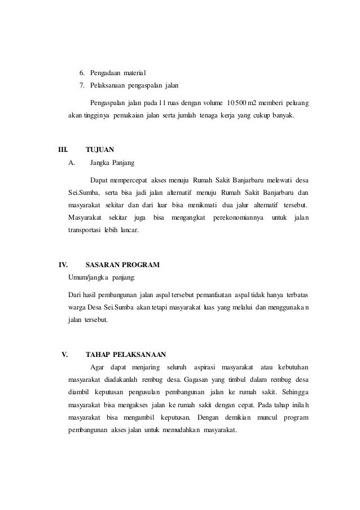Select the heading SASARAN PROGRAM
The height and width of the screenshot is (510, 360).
point(122,264)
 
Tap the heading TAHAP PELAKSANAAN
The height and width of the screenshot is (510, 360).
point(125,355)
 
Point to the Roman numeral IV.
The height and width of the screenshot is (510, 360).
point(64,264)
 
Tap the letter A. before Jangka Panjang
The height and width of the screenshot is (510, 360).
point(71,163)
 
